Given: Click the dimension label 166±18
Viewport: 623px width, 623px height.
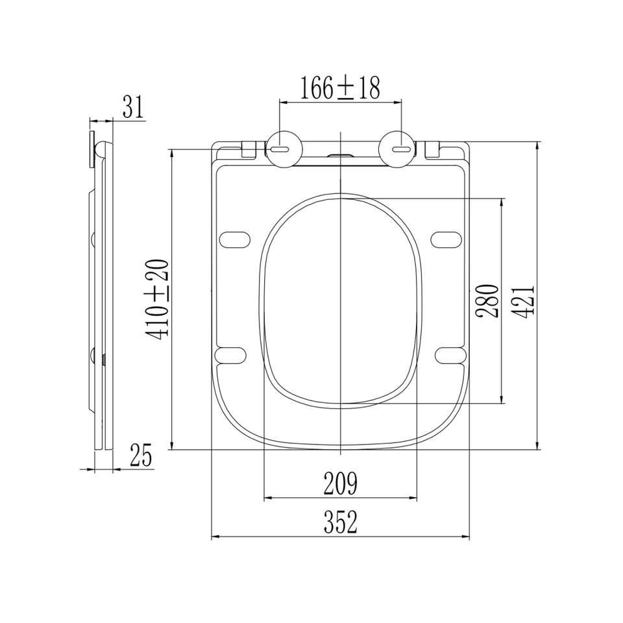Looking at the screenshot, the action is coord(339,88).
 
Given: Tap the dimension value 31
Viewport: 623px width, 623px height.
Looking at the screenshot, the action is coord(132,107).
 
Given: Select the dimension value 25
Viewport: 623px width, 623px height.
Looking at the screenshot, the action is coord(141,456).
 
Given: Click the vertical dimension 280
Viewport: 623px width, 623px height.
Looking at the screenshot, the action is coord(487,300).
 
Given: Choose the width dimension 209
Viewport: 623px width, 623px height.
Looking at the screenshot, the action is coord(341,483).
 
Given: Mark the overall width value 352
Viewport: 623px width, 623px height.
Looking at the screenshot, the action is coord(341,522).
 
